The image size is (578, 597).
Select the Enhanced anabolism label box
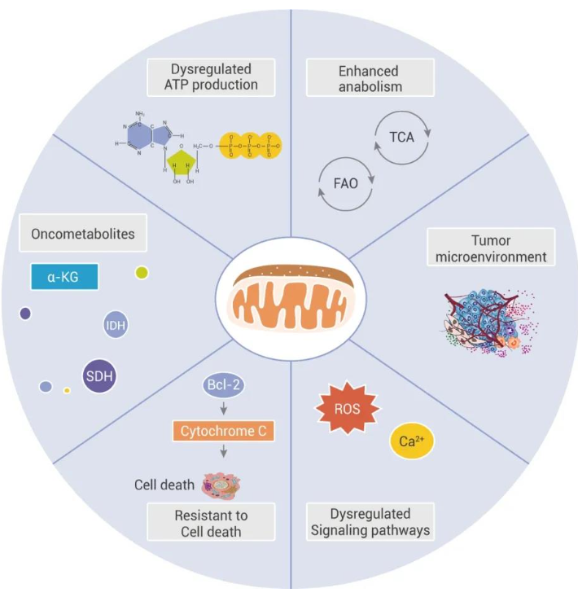click(x=370, y=77)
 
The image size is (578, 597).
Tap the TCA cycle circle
click(x=402, y=137)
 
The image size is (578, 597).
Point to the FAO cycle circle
click(x=345, y=183)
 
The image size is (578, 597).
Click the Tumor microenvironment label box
click(x=490, y=248)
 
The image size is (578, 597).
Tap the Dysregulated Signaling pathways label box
click(x=370, y=523)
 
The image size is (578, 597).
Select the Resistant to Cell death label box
click(x=211, y=523)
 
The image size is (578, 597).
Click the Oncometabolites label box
click(x=83, y=235)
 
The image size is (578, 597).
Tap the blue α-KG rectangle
click(x=64, y=277)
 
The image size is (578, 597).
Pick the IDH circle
click(x=116, y=326)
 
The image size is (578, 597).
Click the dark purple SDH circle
click(x=99, y=376)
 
